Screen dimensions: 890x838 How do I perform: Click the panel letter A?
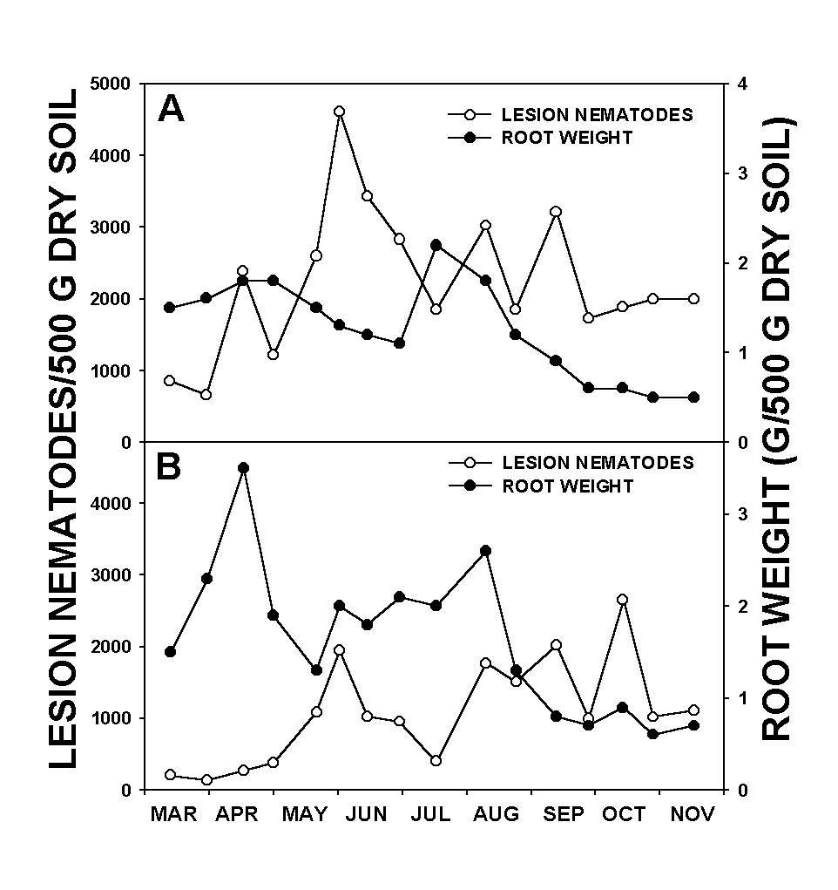[171, 109]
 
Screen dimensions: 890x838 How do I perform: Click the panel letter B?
[169, 467]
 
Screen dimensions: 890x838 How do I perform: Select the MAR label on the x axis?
[174, 814]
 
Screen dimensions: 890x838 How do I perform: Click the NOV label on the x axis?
[693, 814]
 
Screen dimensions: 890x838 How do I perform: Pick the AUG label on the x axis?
[496, 814]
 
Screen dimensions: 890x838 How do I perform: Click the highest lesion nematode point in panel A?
[339, 112]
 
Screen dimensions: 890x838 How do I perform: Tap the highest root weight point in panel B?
[243, 468]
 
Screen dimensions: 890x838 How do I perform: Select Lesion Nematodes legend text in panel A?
[597, 114]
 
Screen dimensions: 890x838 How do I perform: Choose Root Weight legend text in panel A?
[567, 138]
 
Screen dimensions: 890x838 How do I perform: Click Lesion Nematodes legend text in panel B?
[597, 463]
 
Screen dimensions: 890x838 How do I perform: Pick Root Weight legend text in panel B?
[567, 486]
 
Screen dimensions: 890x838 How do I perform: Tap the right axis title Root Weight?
[777, 427]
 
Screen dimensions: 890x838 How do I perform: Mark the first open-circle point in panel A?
[170, 381]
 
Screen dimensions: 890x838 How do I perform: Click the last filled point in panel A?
[694, 397]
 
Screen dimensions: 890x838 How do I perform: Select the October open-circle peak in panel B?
[622, 600]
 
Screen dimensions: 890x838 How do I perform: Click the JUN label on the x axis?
[367, 814]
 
